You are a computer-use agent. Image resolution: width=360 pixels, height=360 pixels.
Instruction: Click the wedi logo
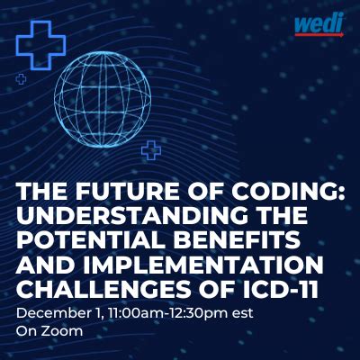(x=319, y=25)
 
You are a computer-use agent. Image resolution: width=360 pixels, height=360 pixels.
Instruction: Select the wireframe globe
(x=103, y=100)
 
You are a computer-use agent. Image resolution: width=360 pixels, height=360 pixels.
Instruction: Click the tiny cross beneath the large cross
(x=21, y=79)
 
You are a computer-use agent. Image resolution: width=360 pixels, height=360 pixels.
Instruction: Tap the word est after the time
(x=243, y=315)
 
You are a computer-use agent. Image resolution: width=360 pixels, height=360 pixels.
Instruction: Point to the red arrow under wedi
(x=319, y=35)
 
